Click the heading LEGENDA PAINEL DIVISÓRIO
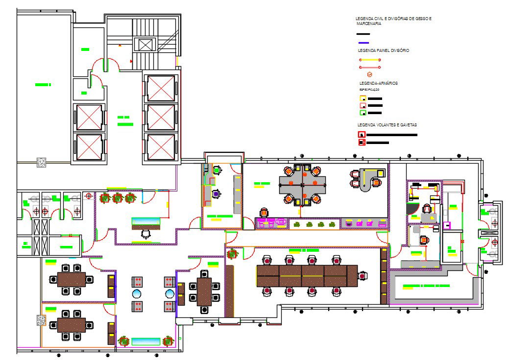tap(384, 50)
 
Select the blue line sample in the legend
tap(363, 43)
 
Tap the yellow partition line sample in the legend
tap(370, 60)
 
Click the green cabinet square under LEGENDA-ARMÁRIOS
tap(363, 113)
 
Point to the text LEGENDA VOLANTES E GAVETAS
tap(388, 125)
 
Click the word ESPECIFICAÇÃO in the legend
tap(370, 90)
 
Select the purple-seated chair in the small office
tap(216, 194)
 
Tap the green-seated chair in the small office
tap(216, 170)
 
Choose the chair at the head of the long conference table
tap(363, 276)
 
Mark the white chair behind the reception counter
tap(146, 234)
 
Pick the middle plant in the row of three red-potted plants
tap(117, 198)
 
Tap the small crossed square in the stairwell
tap(146, 45)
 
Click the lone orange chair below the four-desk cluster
tap(265, 212)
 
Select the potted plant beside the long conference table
tap(232, 254)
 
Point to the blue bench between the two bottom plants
tap(145, 341)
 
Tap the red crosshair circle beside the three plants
tap(89, 196)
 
